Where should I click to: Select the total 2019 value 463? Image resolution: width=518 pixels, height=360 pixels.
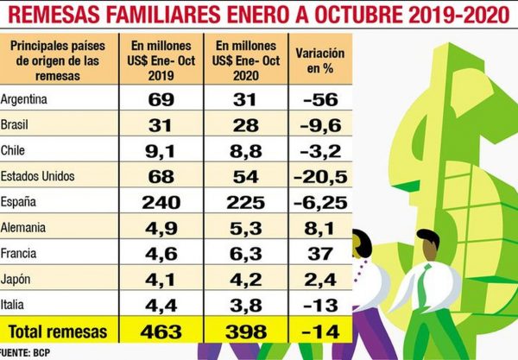[x=164, y=332]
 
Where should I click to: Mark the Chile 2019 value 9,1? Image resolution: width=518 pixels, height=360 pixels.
[x=164, y=150]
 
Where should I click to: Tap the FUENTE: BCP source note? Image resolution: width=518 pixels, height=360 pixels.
[x=25, y=352]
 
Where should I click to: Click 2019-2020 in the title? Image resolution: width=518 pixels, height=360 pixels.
[x=449, y=14]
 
